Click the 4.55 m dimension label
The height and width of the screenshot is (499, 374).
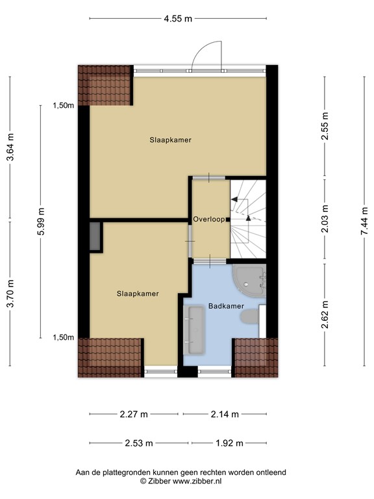[x=178, y=19]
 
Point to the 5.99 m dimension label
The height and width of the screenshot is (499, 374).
[x=42, y=221]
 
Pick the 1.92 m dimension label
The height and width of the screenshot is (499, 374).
[x=229, y=444]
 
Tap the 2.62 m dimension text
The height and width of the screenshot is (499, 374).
[x=325, y=314]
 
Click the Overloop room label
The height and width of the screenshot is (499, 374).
[x=208, y=220]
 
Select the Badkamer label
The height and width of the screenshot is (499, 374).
[x=225, y=306]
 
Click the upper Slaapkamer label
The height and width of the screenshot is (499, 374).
[x=170, y=140]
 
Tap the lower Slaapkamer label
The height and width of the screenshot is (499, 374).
[x=138, y=294]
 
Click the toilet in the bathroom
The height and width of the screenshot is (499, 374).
[x=249, y=316]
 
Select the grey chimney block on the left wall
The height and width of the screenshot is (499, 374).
[x=95, y=237]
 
